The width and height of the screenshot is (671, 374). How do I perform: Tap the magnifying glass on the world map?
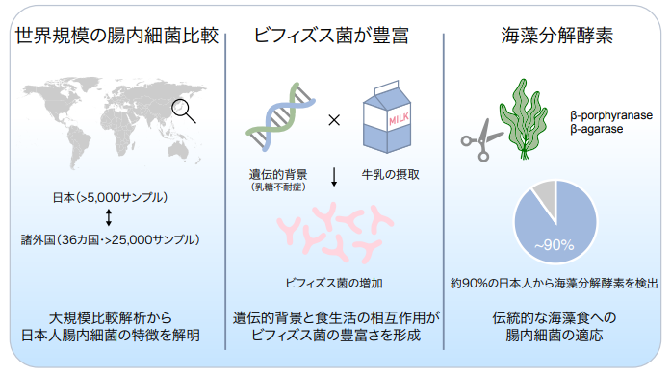(181, 111)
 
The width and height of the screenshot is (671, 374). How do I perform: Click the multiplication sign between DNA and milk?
(334, 121)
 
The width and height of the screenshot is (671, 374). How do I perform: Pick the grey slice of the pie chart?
(545, 196)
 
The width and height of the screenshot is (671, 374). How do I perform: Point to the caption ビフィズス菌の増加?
(332, 285)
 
